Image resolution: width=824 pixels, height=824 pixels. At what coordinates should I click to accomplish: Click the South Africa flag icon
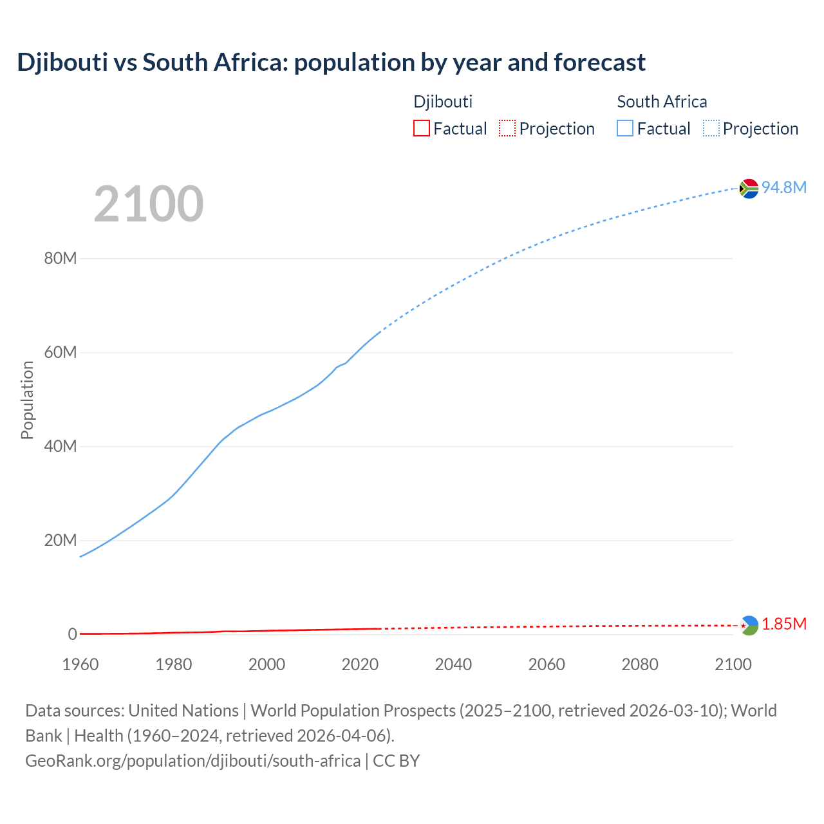tap(749, 189)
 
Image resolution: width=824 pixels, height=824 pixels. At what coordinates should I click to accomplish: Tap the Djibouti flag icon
tap(749, 625)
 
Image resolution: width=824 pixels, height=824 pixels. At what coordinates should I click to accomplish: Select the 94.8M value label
tap(784, 187)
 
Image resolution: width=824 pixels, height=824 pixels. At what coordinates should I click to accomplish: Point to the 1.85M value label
tap(784, 624)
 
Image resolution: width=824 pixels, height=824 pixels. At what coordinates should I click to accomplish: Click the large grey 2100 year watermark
tap(149, 204)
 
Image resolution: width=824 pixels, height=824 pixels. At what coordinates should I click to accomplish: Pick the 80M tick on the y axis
tap(61, 259)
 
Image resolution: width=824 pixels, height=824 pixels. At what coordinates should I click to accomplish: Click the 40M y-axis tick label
tap(61, 446)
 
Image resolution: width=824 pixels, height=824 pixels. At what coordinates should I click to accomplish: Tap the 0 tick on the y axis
tap(73, 634)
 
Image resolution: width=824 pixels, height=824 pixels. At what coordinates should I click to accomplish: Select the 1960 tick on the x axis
tap(80, 664)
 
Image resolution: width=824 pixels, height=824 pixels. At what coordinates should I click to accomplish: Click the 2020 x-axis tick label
tap(360, 664)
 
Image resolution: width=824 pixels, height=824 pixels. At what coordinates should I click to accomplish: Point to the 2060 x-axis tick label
tap(547, 664)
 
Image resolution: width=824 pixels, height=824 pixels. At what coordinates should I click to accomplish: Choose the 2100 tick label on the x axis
tap(733, 664)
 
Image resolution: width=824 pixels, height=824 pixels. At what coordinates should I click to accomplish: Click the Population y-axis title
tap(27, 400)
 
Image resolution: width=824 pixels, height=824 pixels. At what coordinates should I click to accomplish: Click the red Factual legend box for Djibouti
tap(422, 129)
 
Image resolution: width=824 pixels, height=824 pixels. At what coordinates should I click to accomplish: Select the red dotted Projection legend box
tap(507, 129)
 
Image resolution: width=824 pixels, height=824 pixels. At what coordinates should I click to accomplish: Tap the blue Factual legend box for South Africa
tap(625, 129)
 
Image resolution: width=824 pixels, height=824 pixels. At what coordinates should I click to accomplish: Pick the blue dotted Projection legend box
tap(711, 129)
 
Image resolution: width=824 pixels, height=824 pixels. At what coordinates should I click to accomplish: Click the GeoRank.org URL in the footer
tap(193, 761)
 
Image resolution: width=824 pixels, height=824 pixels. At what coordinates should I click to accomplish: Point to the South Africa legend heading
tap(662, 102)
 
